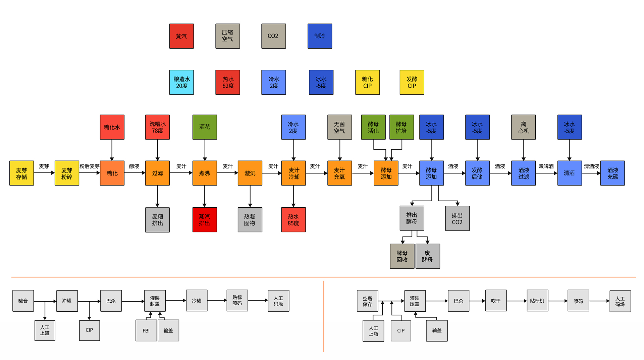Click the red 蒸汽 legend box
tap(181, 36)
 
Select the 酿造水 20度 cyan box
tap(181, 82)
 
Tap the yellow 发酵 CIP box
tap(412, 82)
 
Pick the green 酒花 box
tap(205, 127)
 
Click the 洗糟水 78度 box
tap(157, 127)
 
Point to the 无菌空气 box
tap(339, 127)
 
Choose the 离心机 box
tap(523, 127)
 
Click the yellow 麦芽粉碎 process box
tap(67, 173)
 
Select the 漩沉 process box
tap(250, 173)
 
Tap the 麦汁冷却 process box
tap(293, 173)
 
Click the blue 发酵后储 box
tap(477, 173)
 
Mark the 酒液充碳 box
tap(612, 173)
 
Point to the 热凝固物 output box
tap(250, 220)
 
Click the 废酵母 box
tap(428, 256)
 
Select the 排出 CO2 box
tap(457, 218)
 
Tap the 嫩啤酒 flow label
tap(546, 166)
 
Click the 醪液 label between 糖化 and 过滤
tap(134, 166)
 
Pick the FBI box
tap(146, 330)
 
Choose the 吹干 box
tap(496, 301)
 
